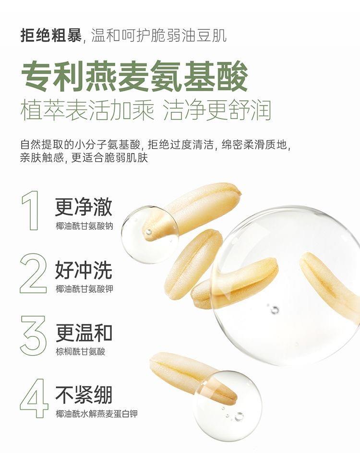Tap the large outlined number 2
pos(33,274)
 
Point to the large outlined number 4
pos(34,399)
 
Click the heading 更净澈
pos(84,207)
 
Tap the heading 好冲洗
pos(84,270)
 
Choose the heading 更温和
pos(84,333)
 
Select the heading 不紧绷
pos(84,395)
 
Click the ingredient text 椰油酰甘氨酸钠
pos(84,226)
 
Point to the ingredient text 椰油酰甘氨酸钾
pos(84,288)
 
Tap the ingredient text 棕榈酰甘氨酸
pos(80,351)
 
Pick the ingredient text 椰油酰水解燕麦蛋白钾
pos(96,414)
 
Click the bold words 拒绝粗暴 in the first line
pos(51,36)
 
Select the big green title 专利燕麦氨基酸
pos(134,76)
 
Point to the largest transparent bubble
pos(286,286)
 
